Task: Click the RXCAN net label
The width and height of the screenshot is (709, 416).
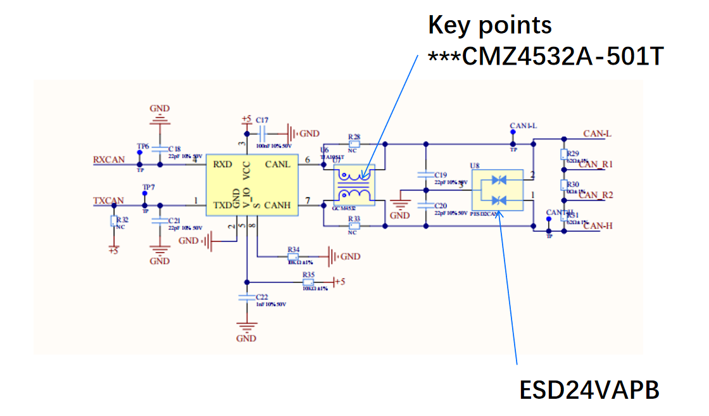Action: [109, 160]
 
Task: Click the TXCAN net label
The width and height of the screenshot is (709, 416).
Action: [109, 201]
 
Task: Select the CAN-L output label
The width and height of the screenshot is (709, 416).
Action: [597, 134]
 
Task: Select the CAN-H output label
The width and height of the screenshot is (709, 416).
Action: [598, 227]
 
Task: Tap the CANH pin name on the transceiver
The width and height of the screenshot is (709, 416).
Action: [277, 205]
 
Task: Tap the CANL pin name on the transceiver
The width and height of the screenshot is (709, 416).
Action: [277, 165]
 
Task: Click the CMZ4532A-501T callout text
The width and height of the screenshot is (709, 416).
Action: [546, 57]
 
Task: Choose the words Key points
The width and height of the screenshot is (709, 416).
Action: [490, 25]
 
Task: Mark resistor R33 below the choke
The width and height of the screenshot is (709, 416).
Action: [354, 222]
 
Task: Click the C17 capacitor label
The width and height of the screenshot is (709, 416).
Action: [262, 120]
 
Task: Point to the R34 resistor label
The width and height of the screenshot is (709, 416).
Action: [293, 249]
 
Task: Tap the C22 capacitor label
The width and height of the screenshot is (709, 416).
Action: [261, 297]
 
